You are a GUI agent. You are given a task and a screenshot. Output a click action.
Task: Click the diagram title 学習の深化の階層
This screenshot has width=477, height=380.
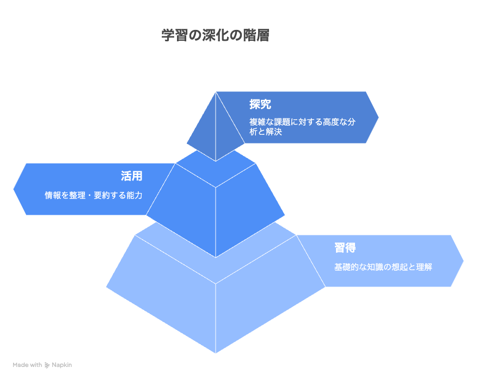[216, 35]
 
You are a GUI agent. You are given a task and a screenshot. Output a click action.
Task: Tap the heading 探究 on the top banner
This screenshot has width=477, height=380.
[260, 104]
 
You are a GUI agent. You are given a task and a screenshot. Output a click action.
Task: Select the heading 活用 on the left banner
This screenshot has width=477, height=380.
[131, 176]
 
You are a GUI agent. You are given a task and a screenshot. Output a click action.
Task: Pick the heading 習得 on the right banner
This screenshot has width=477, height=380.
[345, 247]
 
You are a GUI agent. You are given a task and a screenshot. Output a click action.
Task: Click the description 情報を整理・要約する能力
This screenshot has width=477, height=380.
[94, 195]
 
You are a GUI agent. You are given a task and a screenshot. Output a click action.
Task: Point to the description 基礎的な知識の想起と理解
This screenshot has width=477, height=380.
[383, 267]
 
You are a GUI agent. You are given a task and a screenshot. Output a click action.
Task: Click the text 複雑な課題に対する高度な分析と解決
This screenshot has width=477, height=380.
[302, 127]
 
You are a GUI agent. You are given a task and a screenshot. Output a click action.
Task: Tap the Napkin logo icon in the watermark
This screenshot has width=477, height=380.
[47, 365]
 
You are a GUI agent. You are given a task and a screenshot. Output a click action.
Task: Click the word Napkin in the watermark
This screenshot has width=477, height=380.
[62, 365]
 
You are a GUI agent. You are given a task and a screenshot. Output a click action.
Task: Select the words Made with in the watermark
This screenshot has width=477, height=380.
[27, 365]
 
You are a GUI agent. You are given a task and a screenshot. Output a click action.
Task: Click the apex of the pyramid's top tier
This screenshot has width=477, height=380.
[216, 92]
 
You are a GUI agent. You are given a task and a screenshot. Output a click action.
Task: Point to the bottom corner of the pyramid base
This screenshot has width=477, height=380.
[216, 353]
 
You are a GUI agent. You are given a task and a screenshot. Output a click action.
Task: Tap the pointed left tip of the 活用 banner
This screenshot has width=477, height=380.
[14, 189]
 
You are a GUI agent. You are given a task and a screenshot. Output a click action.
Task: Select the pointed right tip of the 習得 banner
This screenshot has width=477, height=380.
[463, 261]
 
